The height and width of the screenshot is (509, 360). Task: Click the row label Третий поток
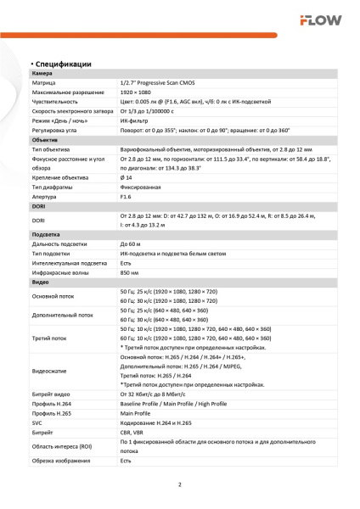[51, 338]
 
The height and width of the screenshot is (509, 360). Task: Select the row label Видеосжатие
[52, 371]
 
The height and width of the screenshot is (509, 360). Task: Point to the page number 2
[180, 485]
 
